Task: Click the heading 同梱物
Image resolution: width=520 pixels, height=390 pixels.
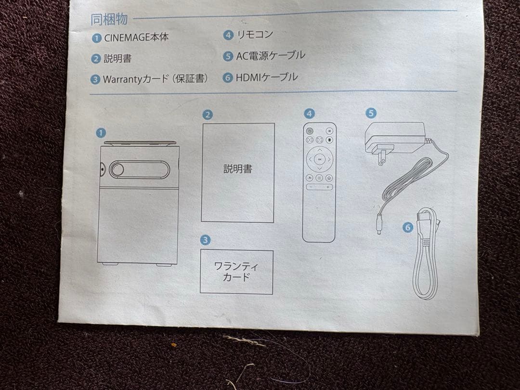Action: pos(109,20)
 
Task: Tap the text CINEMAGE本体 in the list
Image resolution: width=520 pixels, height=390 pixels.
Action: pos(136,37)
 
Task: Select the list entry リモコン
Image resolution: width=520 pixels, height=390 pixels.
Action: pos(255,35)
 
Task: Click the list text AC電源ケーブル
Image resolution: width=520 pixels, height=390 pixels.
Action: pos(270,56)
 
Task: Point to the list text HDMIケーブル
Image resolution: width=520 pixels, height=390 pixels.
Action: pos(267,78)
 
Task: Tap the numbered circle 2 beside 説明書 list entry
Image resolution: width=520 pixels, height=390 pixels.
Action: pos(96,59)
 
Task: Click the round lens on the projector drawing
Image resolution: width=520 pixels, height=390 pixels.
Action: pos(117,169)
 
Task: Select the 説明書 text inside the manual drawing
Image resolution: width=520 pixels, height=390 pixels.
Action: pos(238,169)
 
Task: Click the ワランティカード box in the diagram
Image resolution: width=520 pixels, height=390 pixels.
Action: pos(236,272)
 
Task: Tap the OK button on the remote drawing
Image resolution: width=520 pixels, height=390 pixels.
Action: pos(319,159)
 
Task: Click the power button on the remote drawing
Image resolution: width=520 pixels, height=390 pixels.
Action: pos(310,131)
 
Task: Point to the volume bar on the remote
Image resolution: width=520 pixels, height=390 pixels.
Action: pos(319,187)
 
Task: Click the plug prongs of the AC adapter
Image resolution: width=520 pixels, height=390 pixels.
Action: pos(381,155)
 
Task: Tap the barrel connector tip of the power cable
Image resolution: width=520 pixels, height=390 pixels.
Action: pos(379,225)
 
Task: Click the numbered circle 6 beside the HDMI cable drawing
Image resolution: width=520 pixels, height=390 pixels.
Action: pos(408,227)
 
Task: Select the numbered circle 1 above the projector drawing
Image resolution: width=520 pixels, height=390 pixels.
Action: pos(101,133)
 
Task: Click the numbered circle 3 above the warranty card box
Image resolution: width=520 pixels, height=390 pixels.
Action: pos(205,240)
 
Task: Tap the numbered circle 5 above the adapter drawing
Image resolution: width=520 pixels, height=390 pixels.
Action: pos(371,113)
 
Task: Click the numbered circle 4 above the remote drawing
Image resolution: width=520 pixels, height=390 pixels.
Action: pos(309,114)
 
